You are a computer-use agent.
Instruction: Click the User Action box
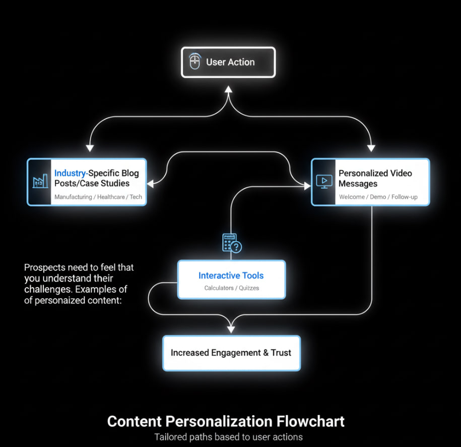(228, 62)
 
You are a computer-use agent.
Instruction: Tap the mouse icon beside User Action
(194, 62)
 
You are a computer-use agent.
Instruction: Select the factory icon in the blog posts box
(40, 182)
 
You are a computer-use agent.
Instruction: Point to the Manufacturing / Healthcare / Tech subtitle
(98, 197)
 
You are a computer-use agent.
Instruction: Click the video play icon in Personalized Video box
(323, 182)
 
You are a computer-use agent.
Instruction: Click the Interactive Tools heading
(231, 275)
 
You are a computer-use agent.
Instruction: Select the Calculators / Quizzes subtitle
(231, 288)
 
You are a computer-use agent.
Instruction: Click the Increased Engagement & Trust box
(231, 353)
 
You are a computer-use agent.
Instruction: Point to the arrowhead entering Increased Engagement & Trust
(231, 329)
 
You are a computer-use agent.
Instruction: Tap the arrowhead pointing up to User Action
(228, 89)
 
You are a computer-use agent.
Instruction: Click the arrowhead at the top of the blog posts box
(90, 148)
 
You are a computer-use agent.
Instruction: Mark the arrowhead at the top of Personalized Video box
(371, 148)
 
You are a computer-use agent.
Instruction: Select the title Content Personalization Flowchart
(226, 421)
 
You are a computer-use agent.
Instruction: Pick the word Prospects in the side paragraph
(43, 267)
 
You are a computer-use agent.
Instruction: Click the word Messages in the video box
(358, 184)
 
